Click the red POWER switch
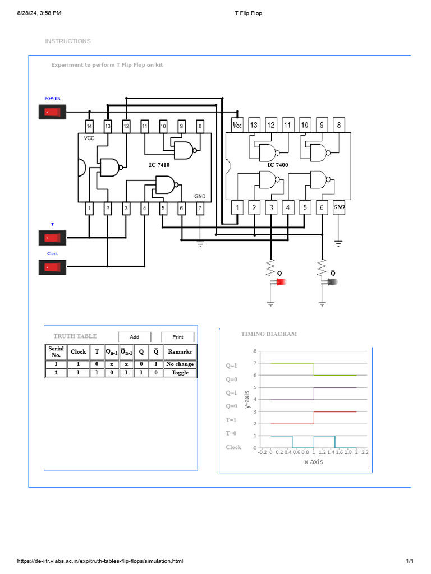click(x=52, y=112)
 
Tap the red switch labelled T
click(x=52, y=238)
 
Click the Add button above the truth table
click(x=135, y=337)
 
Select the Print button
click(x=178, y=337)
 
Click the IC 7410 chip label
click(x=159, y=165)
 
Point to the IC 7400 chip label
click(x=277, y=165)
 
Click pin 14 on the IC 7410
click(x=89, y=126)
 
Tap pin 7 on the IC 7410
click(x=200, y=209)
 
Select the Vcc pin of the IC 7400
click(x=237, y=125)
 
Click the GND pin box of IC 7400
click(x=339, y=207)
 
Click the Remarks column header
click(x=180, y=352)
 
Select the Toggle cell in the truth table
click(x=180, y=373)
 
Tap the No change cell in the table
click(x=180, y=364)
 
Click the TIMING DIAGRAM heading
click(x=269, y=334)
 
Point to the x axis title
click(x=313, y=462)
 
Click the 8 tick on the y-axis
click(x=255, y=351)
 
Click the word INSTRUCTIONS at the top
click(x=67, y=41)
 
